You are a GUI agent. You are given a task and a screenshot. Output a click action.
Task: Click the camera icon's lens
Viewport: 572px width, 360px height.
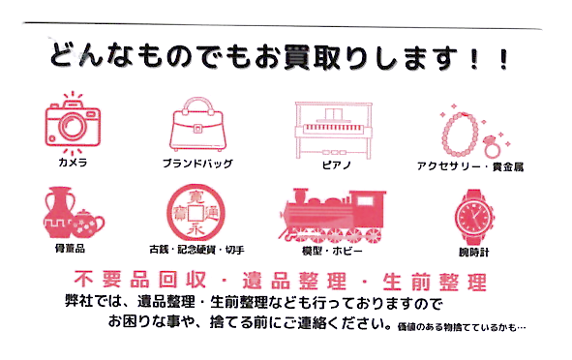(73, 126)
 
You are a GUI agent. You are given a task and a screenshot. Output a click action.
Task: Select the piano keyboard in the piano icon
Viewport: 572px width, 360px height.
(334, 129)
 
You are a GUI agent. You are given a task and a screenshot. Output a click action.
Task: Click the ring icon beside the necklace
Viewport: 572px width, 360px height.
(492, 145)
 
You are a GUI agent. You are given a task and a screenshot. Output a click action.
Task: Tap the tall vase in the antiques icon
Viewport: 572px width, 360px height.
(58, 212)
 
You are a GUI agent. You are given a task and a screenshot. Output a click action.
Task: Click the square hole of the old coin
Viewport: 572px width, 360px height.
(196, 213)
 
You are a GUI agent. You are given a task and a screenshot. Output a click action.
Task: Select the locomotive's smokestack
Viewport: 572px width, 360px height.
(300, 195)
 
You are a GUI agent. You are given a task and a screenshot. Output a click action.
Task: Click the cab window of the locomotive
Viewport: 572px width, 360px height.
(366, 200)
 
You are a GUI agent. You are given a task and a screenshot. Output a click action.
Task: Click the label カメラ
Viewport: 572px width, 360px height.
(73, 163)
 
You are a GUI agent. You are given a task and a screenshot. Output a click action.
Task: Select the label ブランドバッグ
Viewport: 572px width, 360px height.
(197, 164)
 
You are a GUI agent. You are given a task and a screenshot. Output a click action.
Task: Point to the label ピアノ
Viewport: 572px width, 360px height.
(337, 165)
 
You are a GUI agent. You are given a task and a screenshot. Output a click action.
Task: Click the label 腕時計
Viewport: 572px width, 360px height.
(473, 252)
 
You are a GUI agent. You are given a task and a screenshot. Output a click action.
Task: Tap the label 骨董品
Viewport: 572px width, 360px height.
(70, 249)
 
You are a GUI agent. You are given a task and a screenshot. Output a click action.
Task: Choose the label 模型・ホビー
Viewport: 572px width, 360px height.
(332, 251)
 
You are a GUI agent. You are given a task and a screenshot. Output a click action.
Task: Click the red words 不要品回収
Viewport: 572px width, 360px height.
(140, 280)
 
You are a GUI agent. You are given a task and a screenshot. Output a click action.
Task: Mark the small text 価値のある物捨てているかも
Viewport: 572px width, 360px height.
(458, 327)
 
